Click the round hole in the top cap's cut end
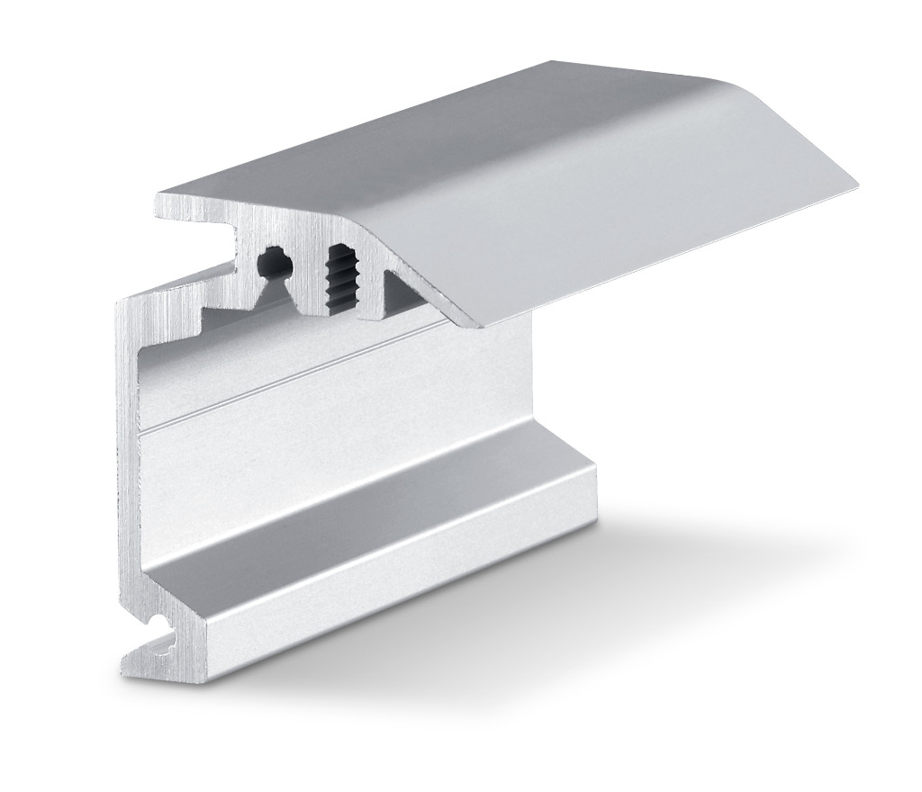pyautogui.click(x=274, y=263)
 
